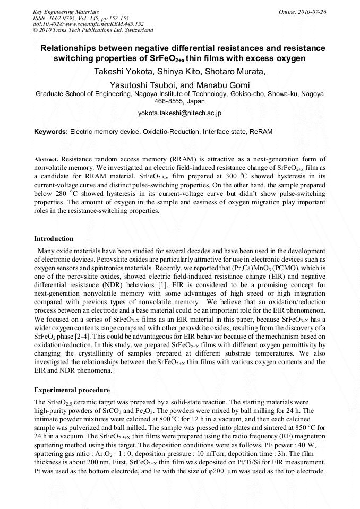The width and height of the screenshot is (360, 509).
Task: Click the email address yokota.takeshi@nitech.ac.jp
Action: [x=179, y=113]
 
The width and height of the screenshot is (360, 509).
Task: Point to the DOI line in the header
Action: [x=88, y=24]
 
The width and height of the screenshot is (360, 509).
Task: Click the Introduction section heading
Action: [x=54, y=238]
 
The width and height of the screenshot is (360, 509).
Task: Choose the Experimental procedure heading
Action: [x=72, y=390]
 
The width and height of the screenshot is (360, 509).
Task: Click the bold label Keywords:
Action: [x=51, y=131]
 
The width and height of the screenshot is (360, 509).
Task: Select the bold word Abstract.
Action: [x=46, y=159]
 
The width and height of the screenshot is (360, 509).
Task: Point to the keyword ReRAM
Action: [x=260, y=131]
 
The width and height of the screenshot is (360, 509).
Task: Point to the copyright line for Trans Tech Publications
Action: [x=93, y=30]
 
